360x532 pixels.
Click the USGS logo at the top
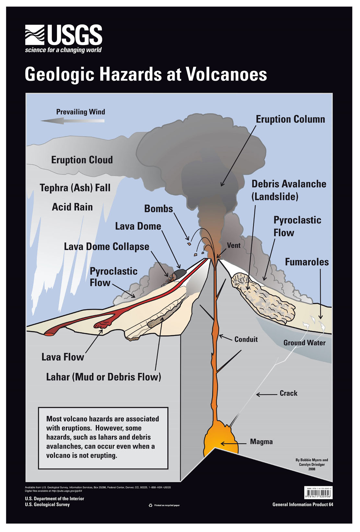[x=64, y=38]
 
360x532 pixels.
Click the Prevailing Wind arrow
[x=73, y=121]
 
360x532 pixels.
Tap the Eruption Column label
[x=290, y=119]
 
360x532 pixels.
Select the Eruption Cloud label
[x=82, y=160]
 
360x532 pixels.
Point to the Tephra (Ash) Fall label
[x=75, y=188]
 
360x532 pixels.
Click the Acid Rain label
[x=72, y=207]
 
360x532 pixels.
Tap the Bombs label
[x=158, y=208]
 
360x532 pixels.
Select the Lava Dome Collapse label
[x=107, y=246]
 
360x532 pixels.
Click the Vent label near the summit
[x=234, y=245]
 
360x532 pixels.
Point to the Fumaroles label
[x=307, y=262]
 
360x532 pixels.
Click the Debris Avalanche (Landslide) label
[x=289, y=190]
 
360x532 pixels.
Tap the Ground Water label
[x=304, y=343]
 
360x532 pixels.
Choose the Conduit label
[x=246, y=339]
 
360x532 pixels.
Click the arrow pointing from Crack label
[x=267, y=394]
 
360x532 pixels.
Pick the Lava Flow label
[x=63, y=357]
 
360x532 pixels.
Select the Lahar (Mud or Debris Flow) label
[x=103, y=377]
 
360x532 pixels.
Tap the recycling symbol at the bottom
[x=150, y=505]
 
